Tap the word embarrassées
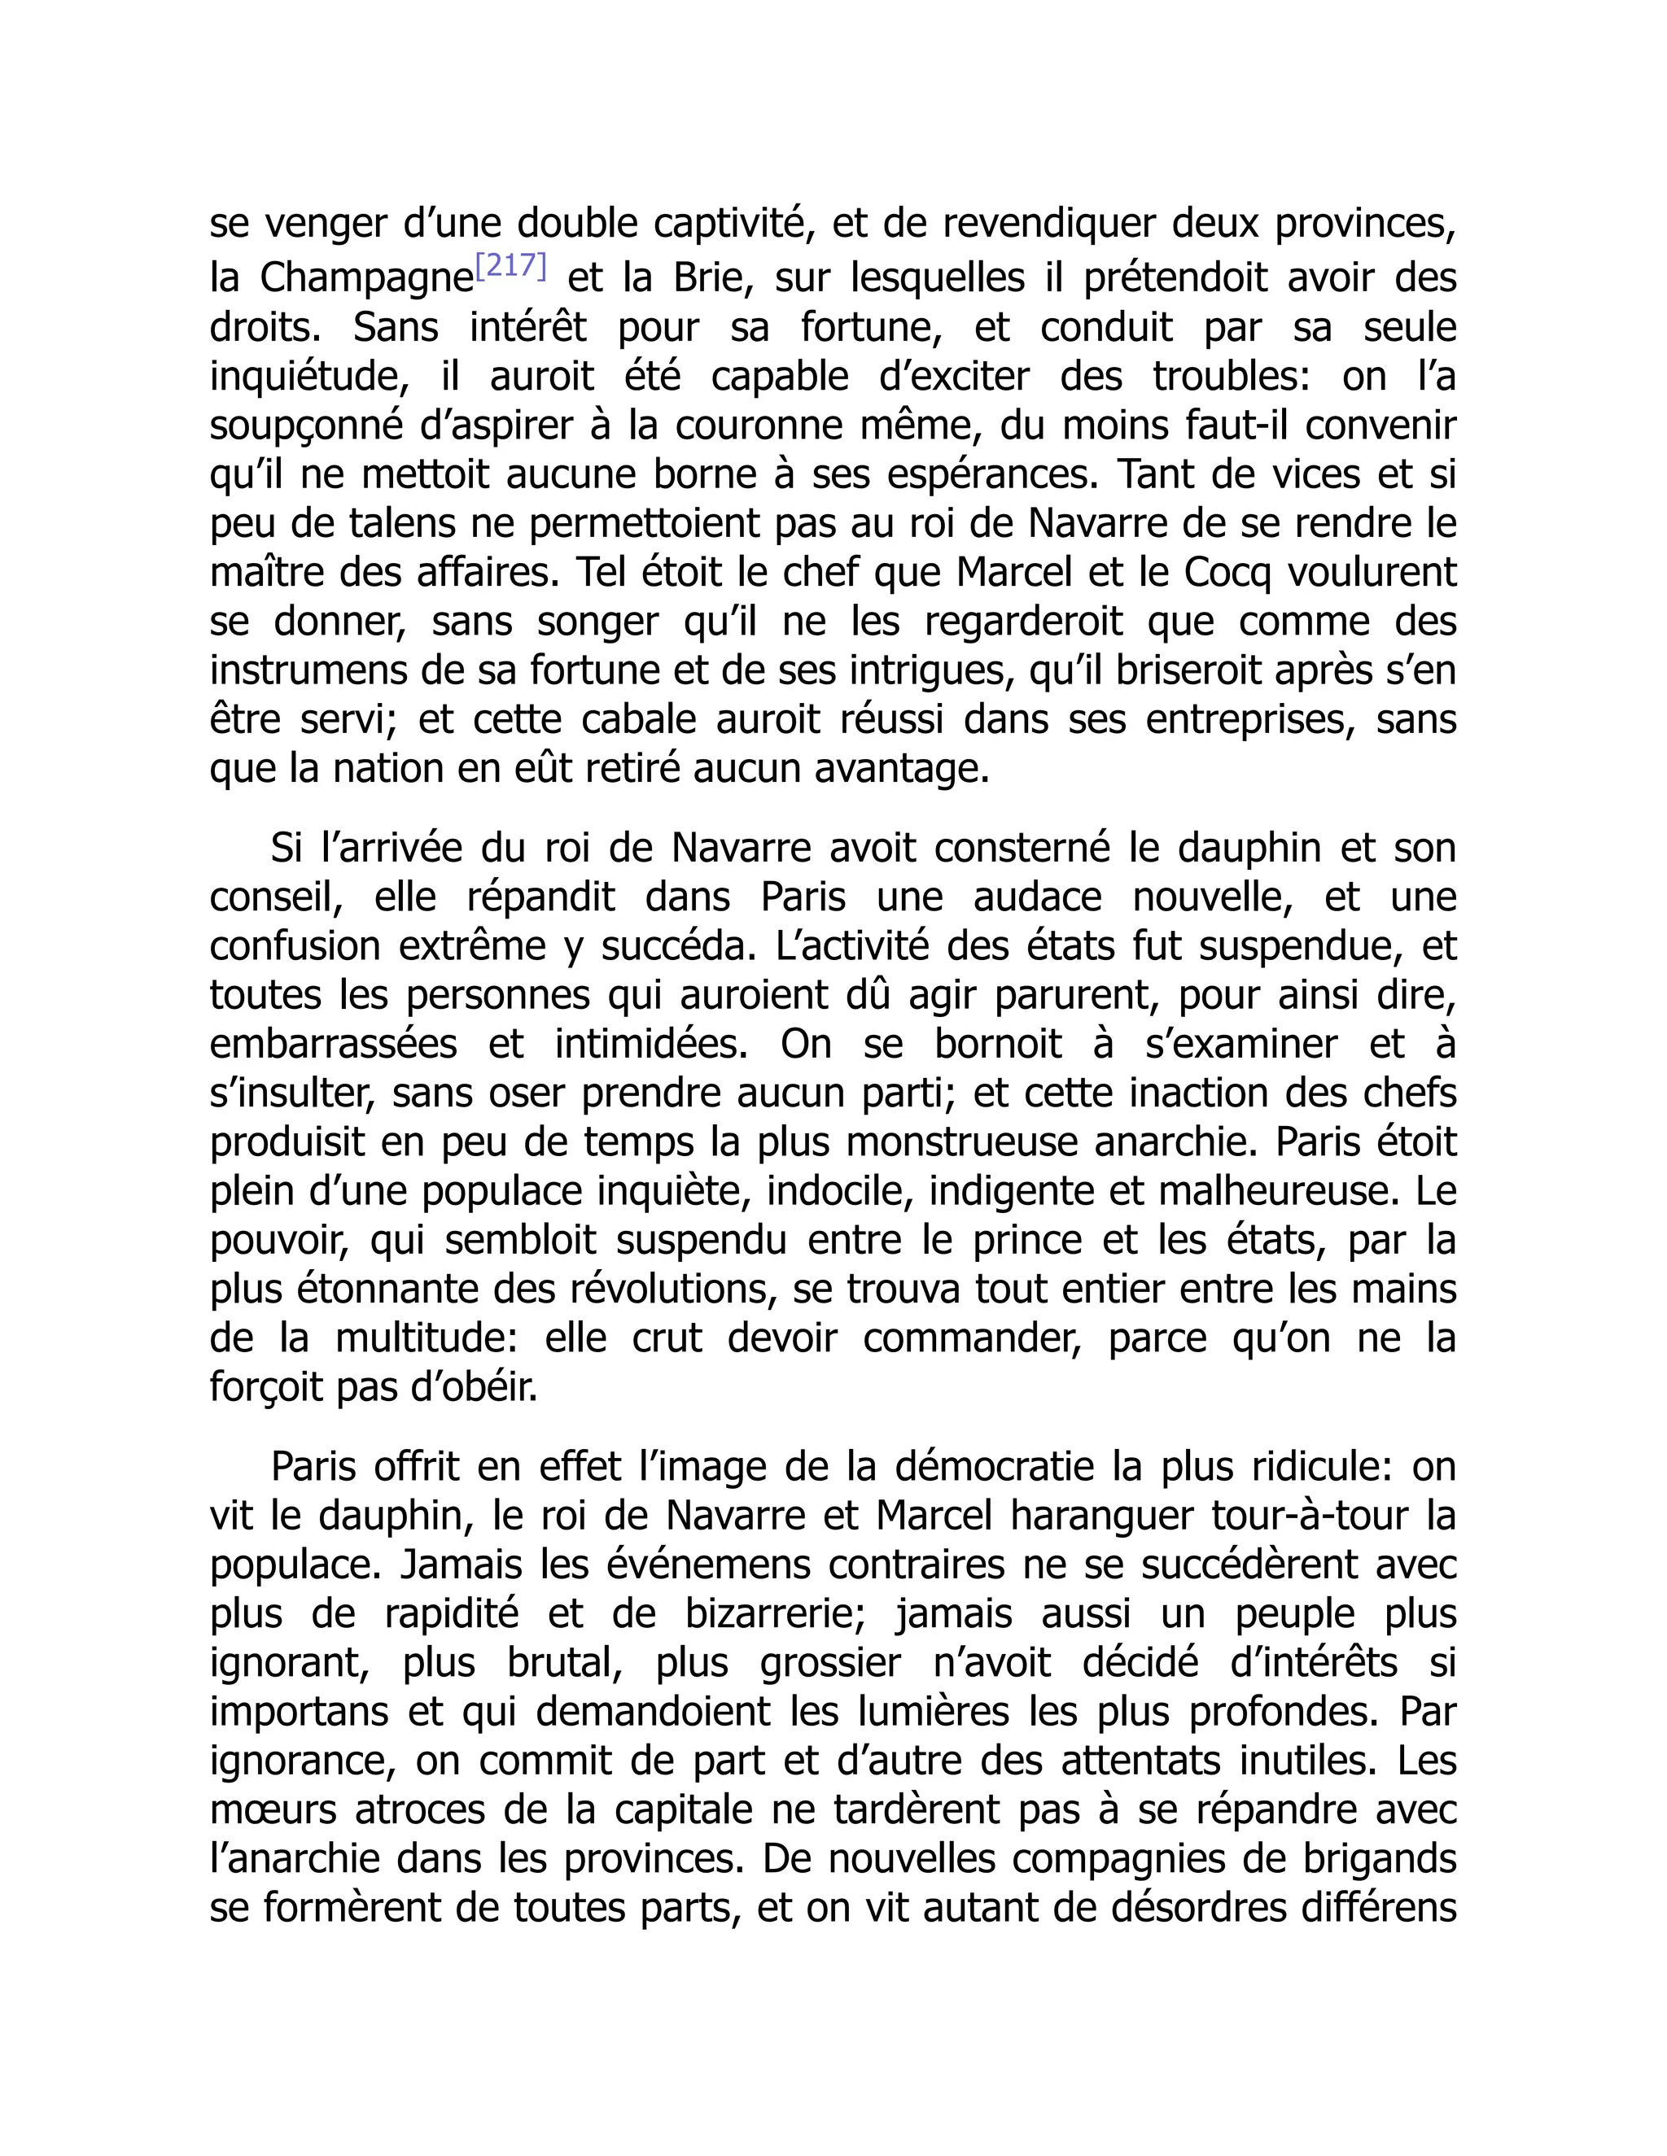point(333,1045)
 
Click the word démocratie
point(995,1467)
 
